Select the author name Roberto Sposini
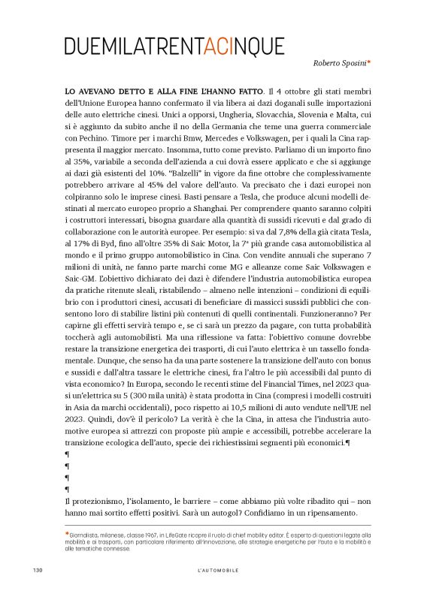[339, 65]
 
